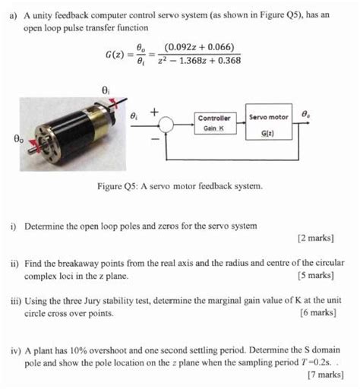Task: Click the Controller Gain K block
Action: pyautogui.click(x=214, y=124)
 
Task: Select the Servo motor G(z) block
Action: pyautogui.click(x=269, y=124)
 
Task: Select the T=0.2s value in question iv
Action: pyautogui.click(x=307, y=362)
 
